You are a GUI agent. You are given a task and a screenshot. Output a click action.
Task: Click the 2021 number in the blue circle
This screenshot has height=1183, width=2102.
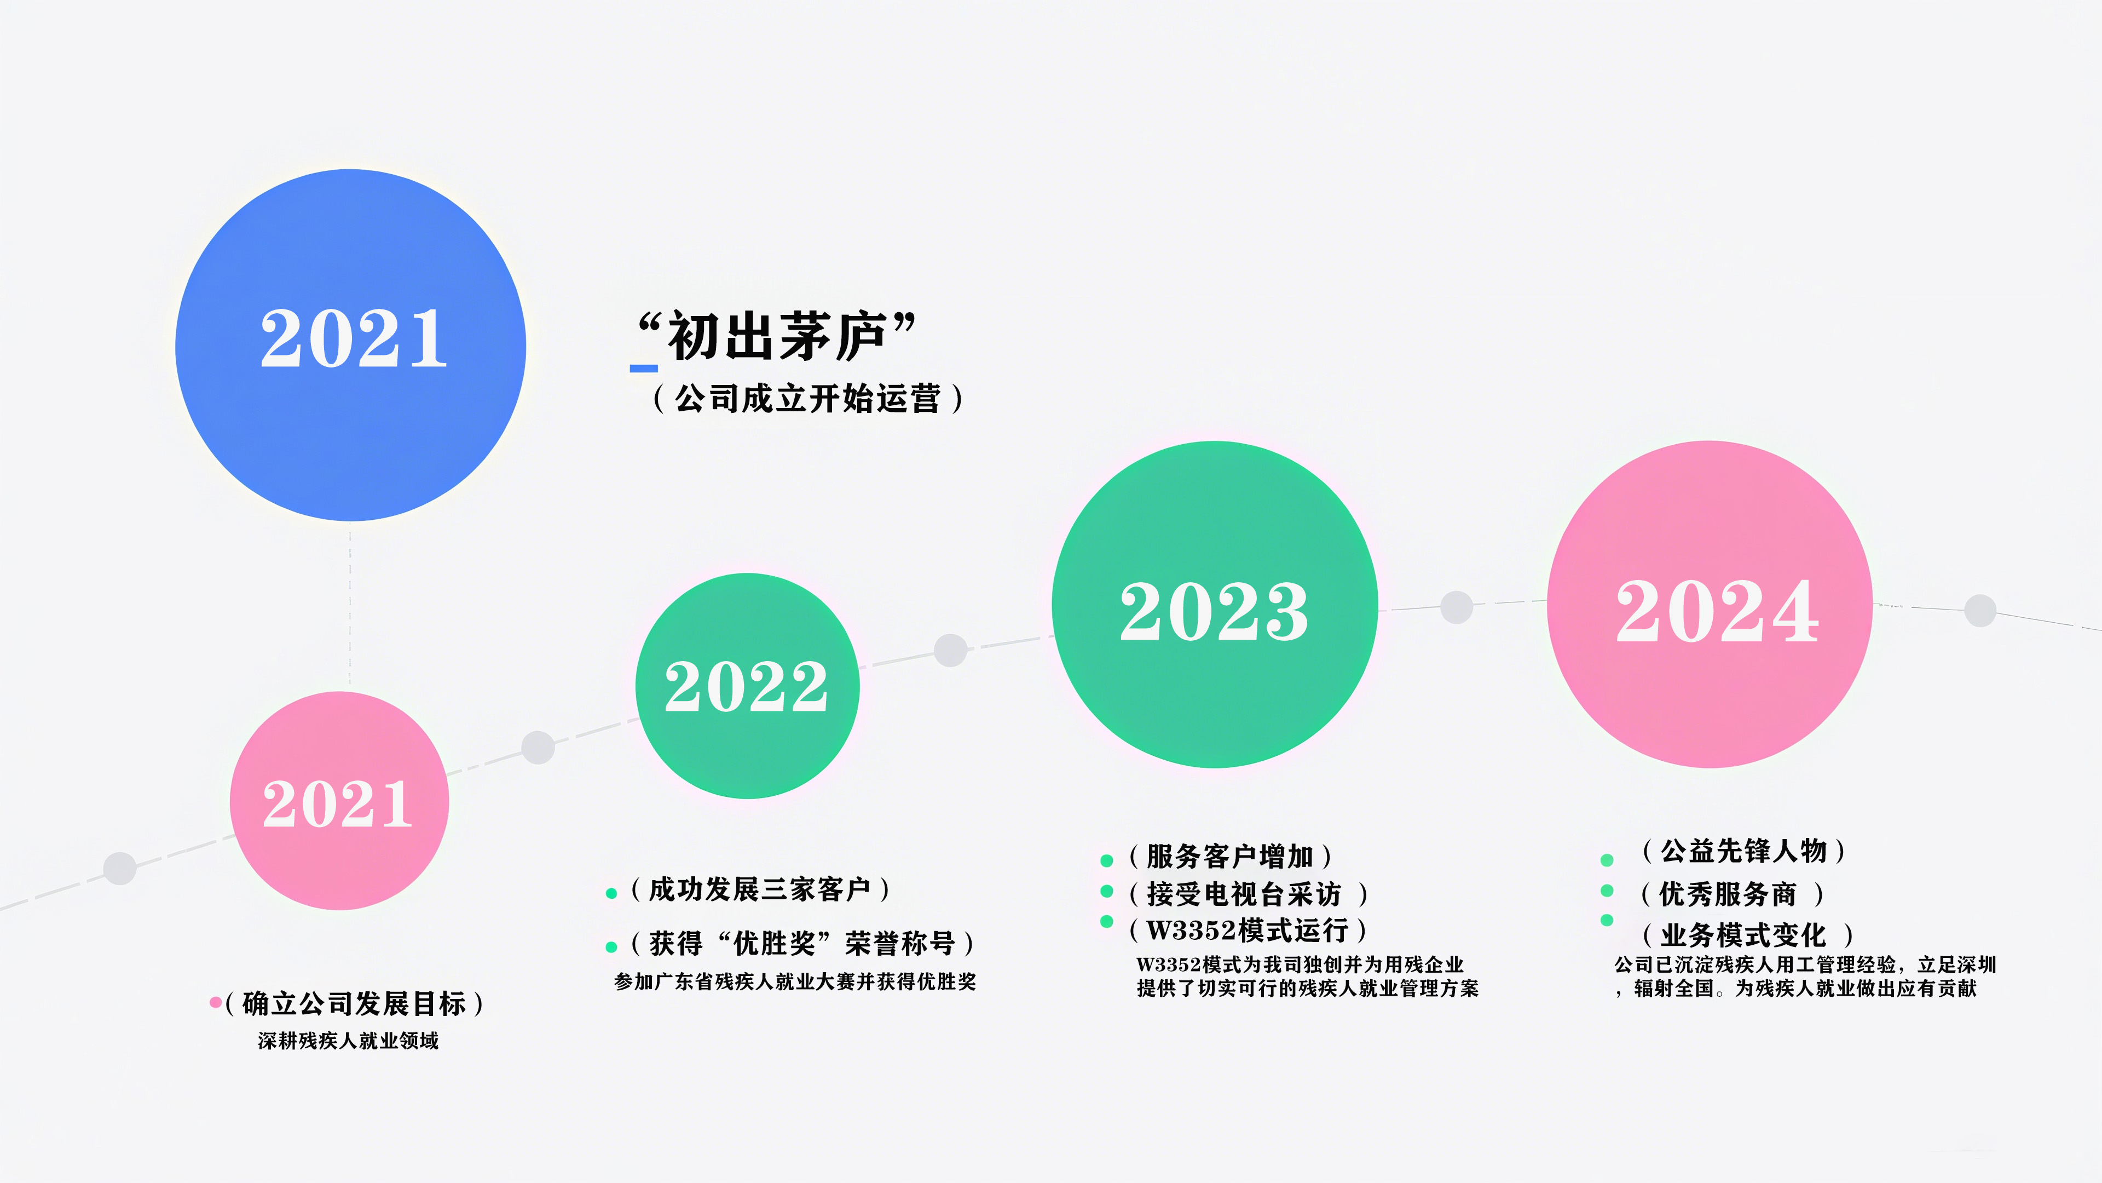click(353, 339)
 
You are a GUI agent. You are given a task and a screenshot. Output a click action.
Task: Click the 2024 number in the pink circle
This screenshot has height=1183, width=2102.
click(1717, 612)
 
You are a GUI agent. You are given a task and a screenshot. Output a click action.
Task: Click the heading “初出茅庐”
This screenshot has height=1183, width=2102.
click(776, 336)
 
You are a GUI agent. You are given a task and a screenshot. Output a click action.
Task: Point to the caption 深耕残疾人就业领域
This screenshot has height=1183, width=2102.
click(349, 1041)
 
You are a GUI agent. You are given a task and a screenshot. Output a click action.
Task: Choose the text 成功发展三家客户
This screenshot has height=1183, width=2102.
click(760, 889)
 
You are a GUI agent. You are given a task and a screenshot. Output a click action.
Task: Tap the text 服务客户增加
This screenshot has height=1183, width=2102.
click(1229, 857)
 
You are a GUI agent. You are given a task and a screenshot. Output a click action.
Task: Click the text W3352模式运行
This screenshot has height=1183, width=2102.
click(1247, 930)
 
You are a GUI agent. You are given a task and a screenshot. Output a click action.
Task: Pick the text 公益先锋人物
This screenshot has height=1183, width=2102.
click(1744, 851)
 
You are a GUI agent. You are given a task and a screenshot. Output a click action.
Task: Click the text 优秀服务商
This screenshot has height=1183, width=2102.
click(1728, 894)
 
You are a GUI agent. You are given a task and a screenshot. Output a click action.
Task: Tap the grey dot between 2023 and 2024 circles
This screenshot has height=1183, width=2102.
click(1457, 607)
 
